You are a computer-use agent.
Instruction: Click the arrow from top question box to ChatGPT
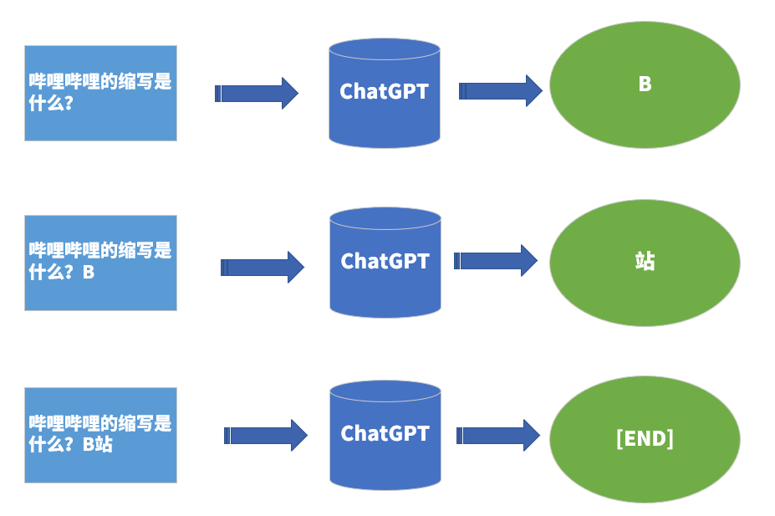pyautogui.click(x=257, y=93)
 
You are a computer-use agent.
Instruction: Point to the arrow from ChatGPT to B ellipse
pyautogui.click(x=500, y=90)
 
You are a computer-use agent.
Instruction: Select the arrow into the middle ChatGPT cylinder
pyautogui.click(x=262, y=267)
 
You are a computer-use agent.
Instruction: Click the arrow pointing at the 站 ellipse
pyautogui.click(x=495, y=261)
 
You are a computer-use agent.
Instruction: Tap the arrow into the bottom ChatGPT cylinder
pyautogui.click(x=266, y=435)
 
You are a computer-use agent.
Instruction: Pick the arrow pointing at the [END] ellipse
pyautogui.click(x=498, y=435)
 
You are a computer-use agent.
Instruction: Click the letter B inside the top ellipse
pyautogui.click(x=645, y=84)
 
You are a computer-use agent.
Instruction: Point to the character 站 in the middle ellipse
pyautogui.click(x=645, y=261)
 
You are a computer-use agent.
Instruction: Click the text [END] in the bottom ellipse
pyautogui.click(x=645, y=438)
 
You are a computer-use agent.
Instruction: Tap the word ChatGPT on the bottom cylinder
pyautogui.click(x=385, y=433)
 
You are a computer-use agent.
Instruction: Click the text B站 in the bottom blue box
pyautogui.click(x=98, y=445)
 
